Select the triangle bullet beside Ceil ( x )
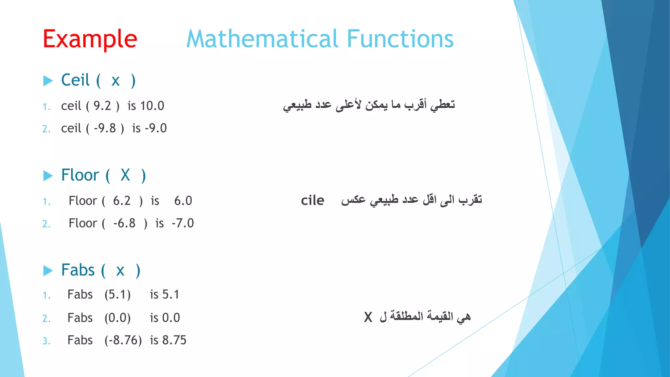click(48, 81)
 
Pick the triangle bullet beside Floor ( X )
click(48, 176)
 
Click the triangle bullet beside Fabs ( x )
click(48, 271)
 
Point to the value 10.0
click(152, 106)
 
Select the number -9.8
click(105, 128)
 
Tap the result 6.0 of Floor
click(183, 201)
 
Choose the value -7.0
click(183, 224)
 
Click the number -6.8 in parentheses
click(124, 224)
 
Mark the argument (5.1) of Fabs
click(117, 295)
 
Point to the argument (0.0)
click(117, 318)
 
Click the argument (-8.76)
click(123, 341)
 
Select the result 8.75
click(174, 340)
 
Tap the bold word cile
click(312, 200)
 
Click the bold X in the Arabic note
click(368, 317)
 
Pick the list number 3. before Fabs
click(46, 341)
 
